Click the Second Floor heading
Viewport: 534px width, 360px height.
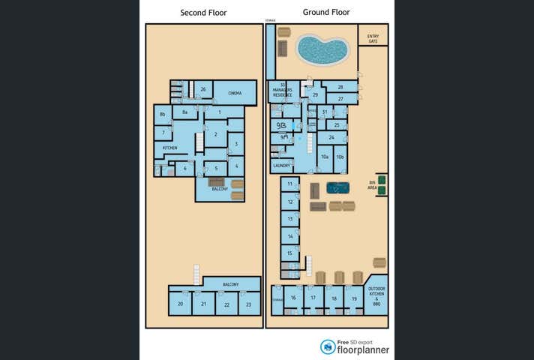tap(203, 13)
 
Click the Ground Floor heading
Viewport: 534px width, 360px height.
tap(326, 12)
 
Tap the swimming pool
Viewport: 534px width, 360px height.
tap(322, 50)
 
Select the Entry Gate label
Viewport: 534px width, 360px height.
tap(373, 38)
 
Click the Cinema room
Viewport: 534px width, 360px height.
tap(235, 93)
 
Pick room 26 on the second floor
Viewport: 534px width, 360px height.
tap(202, 90)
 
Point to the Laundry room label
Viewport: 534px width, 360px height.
tap(281, 166)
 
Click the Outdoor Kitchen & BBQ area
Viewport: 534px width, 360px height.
tap(376, 298)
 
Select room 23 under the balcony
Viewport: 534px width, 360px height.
tap(248, 304)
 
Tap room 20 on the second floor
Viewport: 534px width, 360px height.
tap(180, 304)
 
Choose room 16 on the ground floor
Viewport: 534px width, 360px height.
tap(293, 298)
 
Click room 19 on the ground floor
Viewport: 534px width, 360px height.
tap(353, 298)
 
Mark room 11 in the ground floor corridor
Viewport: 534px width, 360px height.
tap(290, 184)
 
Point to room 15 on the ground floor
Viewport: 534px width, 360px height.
tap(290, 253)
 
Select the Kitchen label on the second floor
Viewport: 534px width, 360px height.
tap(170, 148)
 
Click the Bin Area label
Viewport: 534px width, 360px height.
tap(372, 184)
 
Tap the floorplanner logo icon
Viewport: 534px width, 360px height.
tap(328, 346)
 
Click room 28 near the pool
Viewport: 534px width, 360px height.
tap(340, 88)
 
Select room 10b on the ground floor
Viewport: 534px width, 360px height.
tap(340, 157)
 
